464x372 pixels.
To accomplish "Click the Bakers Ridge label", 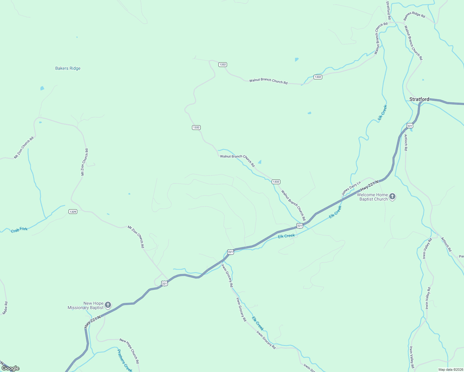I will (68, 69).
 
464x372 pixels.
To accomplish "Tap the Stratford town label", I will (419, 99).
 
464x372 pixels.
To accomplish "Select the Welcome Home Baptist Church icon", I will (392, 197).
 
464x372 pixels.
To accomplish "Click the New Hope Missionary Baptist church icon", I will (108, 305).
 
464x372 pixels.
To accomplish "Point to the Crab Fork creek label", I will (19, 230).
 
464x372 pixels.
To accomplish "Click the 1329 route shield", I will (73, 212).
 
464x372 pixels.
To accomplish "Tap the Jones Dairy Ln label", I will (351, 188).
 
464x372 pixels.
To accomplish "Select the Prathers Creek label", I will (124, 361).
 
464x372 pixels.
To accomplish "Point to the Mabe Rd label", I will (5, 308).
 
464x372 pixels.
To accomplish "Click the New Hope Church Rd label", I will (129, 351).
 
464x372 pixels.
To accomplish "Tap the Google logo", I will (11, 368).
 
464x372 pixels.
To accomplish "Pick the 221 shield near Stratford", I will (410, 126).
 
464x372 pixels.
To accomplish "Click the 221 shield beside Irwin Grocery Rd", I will (230, 252).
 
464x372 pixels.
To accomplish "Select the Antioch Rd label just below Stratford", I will (406, 142).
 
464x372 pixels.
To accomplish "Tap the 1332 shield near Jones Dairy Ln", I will (276, 182).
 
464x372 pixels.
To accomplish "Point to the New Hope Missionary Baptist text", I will (86, 305).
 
